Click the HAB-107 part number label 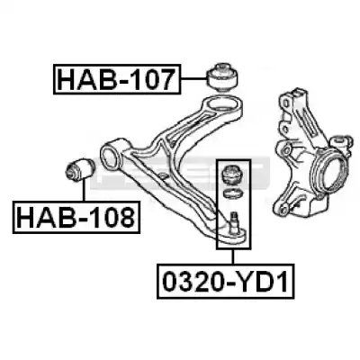[x=117, y=79]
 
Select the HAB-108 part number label [x=76, y=217]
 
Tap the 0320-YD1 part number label [x=225, y=281]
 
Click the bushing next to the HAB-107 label [x=223, y=76]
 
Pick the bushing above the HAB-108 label [x=80, y=170]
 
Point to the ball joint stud [x=233, y=221]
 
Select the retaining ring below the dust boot [x=232, y=193]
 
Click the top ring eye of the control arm [x=222, y=105]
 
